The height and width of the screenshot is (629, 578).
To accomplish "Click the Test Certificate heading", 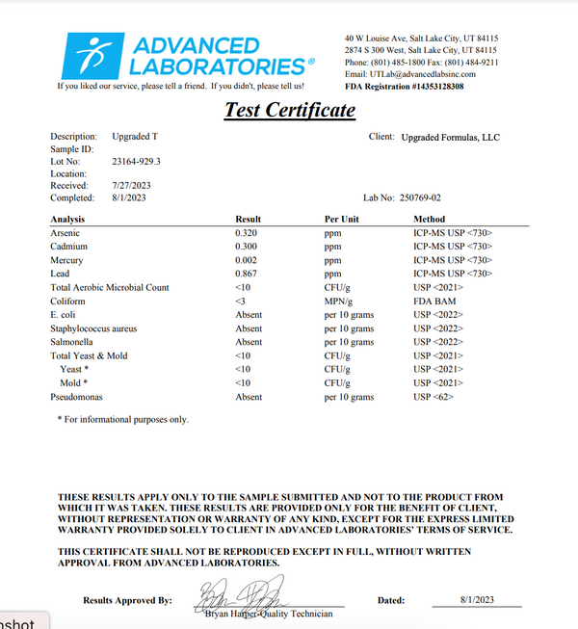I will coord(290,110).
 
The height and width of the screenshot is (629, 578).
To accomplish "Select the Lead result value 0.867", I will coord(247,274).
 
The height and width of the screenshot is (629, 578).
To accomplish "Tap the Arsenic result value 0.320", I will coord(247,233).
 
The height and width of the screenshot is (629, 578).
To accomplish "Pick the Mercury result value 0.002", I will coord(247,260).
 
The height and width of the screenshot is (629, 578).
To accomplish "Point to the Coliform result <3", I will coord(241,301).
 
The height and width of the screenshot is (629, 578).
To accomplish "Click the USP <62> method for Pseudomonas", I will coord(433,397).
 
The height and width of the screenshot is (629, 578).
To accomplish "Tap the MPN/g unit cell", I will coord(339,301).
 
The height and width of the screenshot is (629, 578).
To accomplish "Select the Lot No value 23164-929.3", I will coord(137,161).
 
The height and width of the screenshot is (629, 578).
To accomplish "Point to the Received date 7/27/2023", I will coord(131,185).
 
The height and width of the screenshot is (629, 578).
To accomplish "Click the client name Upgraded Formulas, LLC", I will coord(450,138).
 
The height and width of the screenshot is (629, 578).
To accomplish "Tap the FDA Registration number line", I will coord(405,87).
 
